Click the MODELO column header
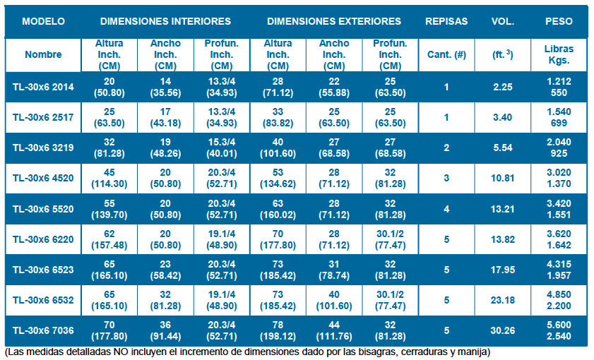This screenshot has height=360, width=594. (x=43, y=21)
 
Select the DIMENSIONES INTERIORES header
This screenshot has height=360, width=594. (x=165, y=21)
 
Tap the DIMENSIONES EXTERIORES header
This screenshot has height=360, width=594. (x=334, y=21)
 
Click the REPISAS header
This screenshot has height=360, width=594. (x=446, y=21)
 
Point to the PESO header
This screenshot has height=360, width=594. (x=559, y=21)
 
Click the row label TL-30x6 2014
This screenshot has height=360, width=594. (x=43, y=87)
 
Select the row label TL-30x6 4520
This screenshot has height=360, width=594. (x=43, y=178)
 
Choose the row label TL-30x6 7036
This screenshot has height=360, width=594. (x=43, y=330)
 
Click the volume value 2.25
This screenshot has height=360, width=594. (x=502, y=87)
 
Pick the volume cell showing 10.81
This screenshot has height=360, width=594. (x=502, y=178)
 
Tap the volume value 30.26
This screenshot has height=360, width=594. (x=502, y=330)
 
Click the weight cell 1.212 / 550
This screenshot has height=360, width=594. (x=559, y=87)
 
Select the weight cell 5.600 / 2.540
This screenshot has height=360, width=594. (x=559, y=330)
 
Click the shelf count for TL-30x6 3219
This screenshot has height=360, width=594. (x=446, y=148)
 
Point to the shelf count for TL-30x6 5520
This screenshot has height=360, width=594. (x=446, y=209)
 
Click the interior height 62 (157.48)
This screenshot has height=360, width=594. (x=109, y=239)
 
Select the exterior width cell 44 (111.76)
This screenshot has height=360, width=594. (x=334, y=330)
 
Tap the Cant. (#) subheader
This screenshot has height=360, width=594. (x=446, y=54)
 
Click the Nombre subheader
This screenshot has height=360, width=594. (x=43, y=54)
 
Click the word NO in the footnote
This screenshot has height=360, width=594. (x=119, y=352)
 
